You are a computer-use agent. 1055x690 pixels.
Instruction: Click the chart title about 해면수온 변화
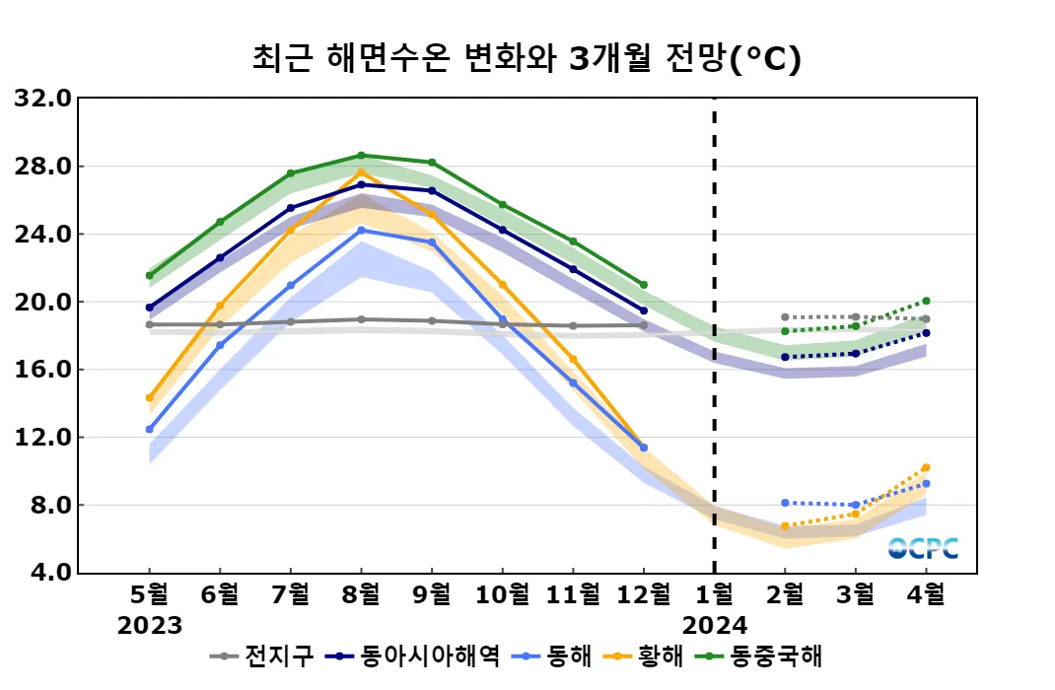point(527,59)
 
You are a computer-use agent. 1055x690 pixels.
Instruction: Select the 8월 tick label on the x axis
point(361,595)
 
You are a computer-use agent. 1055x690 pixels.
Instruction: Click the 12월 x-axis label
point(643,595)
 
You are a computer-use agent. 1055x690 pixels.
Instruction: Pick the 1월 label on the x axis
point(714,595)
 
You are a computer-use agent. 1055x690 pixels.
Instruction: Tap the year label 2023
point(150,626)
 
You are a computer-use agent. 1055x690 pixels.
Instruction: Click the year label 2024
point(714,626)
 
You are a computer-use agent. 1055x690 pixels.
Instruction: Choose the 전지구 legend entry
point(266,655)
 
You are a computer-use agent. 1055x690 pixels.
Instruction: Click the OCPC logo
point(923,548)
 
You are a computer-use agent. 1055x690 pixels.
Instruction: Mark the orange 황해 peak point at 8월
point(361,172)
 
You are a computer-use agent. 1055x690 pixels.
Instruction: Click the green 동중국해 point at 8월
point(361,156)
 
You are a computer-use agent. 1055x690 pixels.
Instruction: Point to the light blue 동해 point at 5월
point(150,430)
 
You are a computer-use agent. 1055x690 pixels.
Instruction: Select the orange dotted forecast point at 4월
point(926,467)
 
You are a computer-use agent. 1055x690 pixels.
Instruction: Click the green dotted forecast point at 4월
point(926,301)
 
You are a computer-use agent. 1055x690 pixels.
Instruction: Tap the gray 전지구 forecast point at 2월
point(785,317)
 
